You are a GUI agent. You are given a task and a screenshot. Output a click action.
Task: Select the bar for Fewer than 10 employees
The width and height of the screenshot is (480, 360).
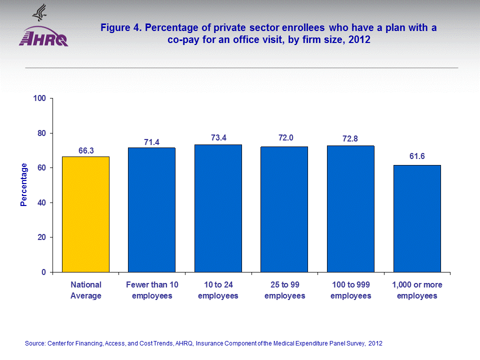tap(151, 209)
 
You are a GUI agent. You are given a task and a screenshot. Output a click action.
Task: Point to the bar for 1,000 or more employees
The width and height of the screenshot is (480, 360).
tap(417, 218)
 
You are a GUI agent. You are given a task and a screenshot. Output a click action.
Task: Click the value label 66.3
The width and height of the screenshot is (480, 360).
tap(86, 149)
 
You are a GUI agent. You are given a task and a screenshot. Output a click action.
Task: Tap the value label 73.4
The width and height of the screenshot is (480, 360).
tap(218, 137)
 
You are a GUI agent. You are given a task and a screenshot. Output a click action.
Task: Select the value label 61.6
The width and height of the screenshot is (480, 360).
tap(417, 156)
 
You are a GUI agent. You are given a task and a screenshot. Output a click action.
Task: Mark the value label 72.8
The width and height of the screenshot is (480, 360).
tap(350, 138)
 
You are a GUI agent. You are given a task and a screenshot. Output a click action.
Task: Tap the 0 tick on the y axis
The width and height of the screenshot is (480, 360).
tap(44, 272)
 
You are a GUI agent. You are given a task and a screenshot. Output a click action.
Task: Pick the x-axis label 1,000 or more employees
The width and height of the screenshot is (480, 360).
tap(417, 290)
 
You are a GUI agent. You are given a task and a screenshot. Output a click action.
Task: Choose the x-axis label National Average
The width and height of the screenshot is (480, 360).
tap(86, 290)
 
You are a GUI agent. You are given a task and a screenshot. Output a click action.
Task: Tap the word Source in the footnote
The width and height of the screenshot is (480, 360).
tap(34, 343)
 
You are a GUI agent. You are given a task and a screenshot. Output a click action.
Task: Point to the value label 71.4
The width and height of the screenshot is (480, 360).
tap(152, 142)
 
